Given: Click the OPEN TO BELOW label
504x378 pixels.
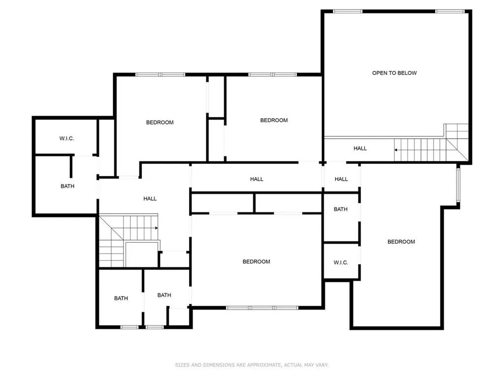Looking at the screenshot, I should click(x=394, y=73).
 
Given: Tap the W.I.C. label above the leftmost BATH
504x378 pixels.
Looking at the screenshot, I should click(x=66, y=138).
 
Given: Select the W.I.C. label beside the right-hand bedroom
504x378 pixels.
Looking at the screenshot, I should click(x=341, y=262).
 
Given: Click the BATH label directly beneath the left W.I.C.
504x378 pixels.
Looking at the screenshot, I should click(x=67, y=186).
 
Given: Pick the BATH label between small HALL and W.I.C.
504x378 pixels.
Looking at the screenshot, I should click(x=341, y=209).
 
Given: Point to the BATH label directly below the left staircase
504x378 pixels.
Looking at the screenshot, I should click(x=121, y=298).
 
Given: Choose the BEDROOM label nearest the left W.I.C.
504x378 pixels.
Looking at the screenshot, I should click(x=160, y=122).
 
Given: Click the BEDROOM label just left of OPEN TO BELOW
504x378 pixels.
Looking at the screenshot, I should click(x=274, y=120).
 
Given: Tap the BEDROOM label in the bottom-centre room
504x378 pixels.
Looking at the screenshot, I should click(x=256, y=261).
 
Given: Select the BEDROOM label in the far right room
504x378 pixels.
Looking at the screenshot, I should click(x=401, y=242).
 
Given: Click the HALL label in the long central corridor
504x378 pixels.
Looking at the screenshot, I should click(x=256, y=179).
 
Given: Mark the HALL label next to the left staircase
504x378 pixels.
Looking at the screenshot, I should click(x=150, y=198).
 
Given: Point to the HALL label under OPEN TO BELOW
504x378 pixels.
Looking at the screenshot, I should click(x=360, y=148).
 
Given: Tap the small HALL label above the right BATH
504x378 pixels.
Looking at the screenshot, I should click(x=341, y=179).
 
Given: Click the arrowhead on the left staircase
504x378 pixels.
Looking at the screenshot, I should click(x=156, y=228).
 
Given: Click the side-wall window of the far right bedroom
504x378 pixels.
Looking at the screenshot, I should click(x=457, y=185).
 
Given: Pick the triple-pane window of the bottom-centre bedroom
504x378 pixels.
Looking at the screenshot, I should click(x=262, y=308).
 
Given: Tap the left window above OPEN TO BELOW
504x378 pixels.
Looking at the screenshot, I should click(x=347, y=11).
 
